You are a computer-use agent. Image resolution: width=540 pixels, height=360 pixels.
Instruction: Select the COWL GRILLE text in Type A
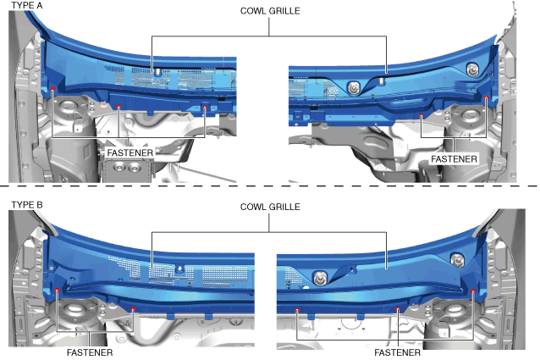pyautogui.click(x=269, y=10)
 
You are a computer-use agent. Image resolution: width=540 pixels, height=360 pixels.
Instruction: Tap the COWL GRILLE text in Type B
pyautogui.click(x=269, y=206)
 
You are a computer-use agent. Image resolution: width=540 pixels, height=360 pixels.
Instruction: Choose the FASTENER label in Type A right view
pyautogui.click(x=454, y=158)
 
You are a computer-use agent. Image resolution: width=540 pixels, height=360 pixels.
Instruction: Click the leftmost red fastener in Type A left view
pyautogui.click(x=52, y=90)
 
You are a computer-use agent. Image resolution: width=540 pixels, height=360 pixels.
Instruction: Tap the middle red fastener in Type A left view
pyautogui.click(x=119, y=107)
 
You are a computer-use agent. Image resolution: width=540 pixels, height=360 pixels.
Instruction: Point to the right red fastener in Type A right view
pyautogui.click(x=486, y=99)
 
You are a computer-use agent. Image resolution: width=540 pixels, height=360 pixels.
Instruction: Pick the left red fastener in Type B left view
pyautogui.click(x=57, y=291)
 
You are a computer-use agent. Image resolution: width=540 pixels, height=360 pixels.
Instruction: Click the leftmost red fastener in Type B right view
pyautogui.click(x=297, y=310)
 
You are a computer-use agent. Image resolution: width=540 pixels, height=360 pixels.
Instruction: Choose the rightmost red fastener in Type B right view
pyautogui.click(x=471, y=292)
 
